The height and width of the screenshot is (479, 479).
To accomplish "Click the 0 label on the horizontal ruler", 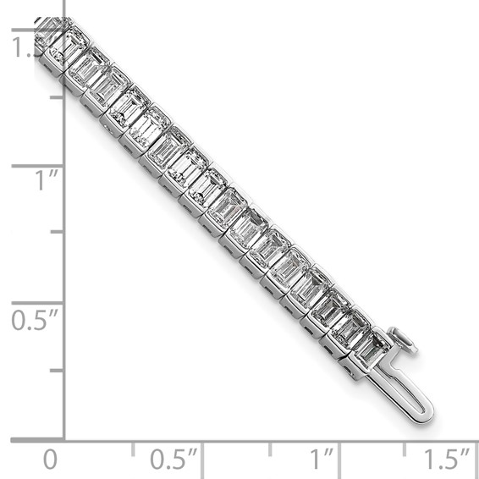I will (51, 460).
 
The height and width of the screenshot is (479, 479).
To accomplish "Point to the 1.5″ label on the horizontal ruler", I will (446, 460).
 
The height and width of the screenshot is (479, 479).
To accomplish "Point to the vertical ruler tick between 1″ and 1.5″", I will (56, 96).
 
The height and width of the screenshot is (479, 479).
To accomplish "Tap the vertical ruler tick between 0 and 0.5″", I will (56, 371).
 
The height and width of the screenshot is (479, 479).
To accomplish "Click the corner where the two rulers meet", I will (63, 439).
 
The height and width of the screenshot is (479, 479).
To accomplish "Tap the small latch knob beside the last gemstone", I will (405, 341).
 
